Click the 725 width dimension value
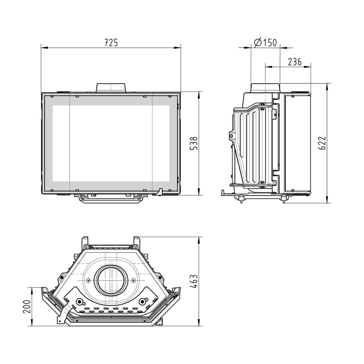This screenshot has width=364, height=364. coord(111,43)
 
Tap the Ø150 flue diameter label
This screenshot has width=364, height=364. coord(265,43)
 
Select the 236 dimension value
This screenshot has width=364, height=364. coord(295,62)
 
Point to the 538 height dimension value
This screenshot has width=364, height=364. coord(194,143)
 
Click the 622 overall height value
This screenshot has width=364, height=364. coord(322,143)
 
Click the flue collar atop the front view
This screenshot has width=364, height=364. coord(111,88)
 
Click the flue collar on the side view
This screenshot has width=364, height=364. coord(265,88)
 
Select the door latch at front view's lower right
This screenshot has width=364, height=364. coord(160,192)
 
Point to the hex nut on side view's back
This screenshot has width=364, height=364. coord(231,136)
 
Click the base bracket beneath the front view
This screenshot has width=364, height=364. coord(111,198)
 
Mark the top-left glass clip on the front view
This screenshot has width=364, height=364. coord(52,96)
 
